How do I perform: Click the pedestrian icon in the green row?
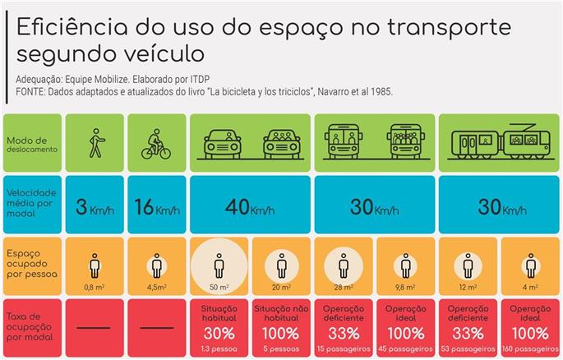pyautogui.click(x=95, y=143)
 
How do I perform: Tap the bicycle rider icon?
pyautogui.click(x=156, y=143)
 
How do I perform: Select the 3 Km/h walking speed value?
pyautogui.click(x=95, y=205)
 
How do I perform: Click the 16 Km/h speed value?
pyautogui.click(x=156, y=205)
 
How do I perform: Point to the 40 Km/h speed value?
pyautogui.click(x=250, y=205)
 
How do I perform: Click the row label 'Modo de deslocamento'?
pyautogui.click(x=31, y=145)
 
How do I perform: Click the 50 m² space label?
pyautogui.click(x=219, y=288)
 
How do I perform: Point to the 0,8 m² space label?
pyautogui.click(x=95, y=288)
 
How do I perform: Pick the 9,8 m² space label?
pyautogui.click(x=405, y=288)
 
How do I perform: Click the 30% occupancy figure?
pyautogui.click(x=219, y=334)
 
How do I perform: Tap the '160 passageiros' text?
pyautogui.click(x=529, y=348)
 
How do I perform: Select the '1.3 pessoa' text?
pyautogui.click(x=219, y=348)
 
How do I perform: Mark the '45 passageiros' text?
pyautogui.click(x=405, y=348)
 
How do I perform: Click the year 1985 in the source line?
pyautogui.click(x=377, y=92)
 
